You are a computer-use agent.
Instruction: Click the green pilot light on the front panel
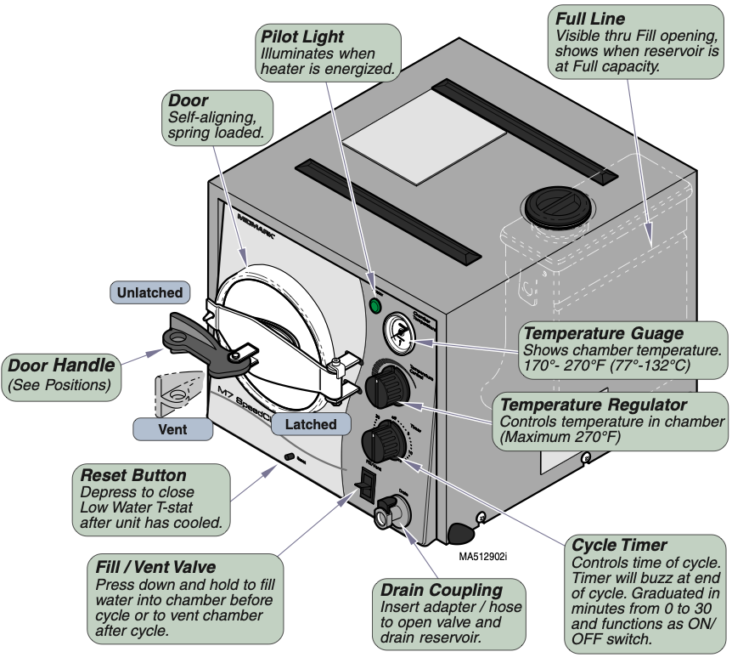pyautogui.click(x=374, y=306)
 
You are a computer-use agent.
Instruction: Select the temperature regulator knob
pyautogui.click(x=387, y=389)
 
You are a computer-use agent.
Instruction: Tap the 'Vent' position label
pyautogui.click(x=172, y=429)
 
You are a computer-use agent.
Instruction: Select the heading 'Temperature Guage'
pyautogui.click(x=603, y=333)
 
